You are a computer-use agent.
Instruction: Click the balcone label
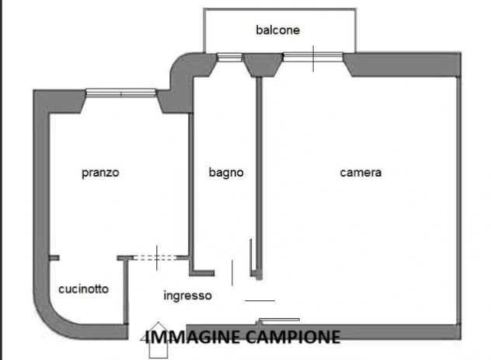277,30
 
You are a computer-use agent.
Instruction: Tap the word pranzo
100,173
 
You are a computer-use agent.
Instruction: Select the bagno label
226,173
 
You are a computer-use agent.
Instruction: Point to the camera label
360,173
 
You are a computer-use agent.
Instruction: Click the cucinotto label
83,288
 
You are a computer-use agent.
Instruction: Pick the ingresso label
187,295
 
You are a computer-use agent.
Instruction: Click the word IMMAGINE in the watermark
192,337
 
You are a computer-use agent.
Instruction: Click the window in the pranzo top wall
120,93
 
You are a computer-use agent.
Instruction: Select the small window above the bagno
228,56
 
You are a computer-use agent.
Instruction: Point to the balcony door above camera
312,56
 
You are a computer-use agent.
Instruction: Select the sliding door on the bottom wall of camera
279,319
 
